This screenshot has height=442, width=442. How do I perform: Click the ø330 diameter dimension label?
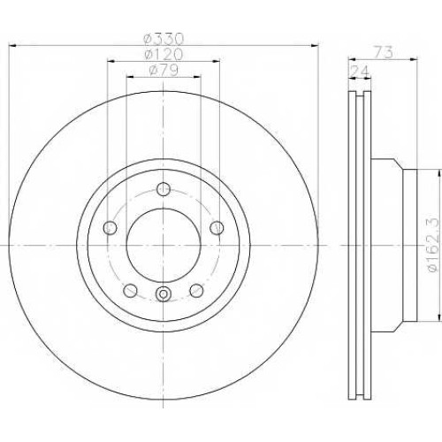[164, 39]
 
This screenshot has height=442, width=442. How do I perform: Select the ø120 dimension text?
[164, 54]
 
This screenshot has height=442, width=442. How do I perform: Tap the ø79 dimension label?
[164, 70]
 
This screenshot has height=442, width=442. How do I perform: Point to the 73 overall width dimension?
[384, 53]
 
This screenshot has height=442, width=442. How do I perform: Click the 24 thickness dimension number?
[359, 72]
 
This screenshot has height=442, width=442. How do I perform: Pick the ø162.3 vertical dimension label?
[435, 246]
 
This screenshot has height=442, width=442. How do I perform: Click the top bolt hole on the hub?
[164, 189]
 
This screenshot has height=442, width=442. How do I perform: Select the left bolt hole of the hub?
[110, 228]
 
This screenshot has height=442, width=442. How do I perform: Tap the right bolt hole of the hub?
[217, 228]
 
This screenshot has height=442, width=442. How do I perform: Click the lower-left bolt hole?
[130, 291]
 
